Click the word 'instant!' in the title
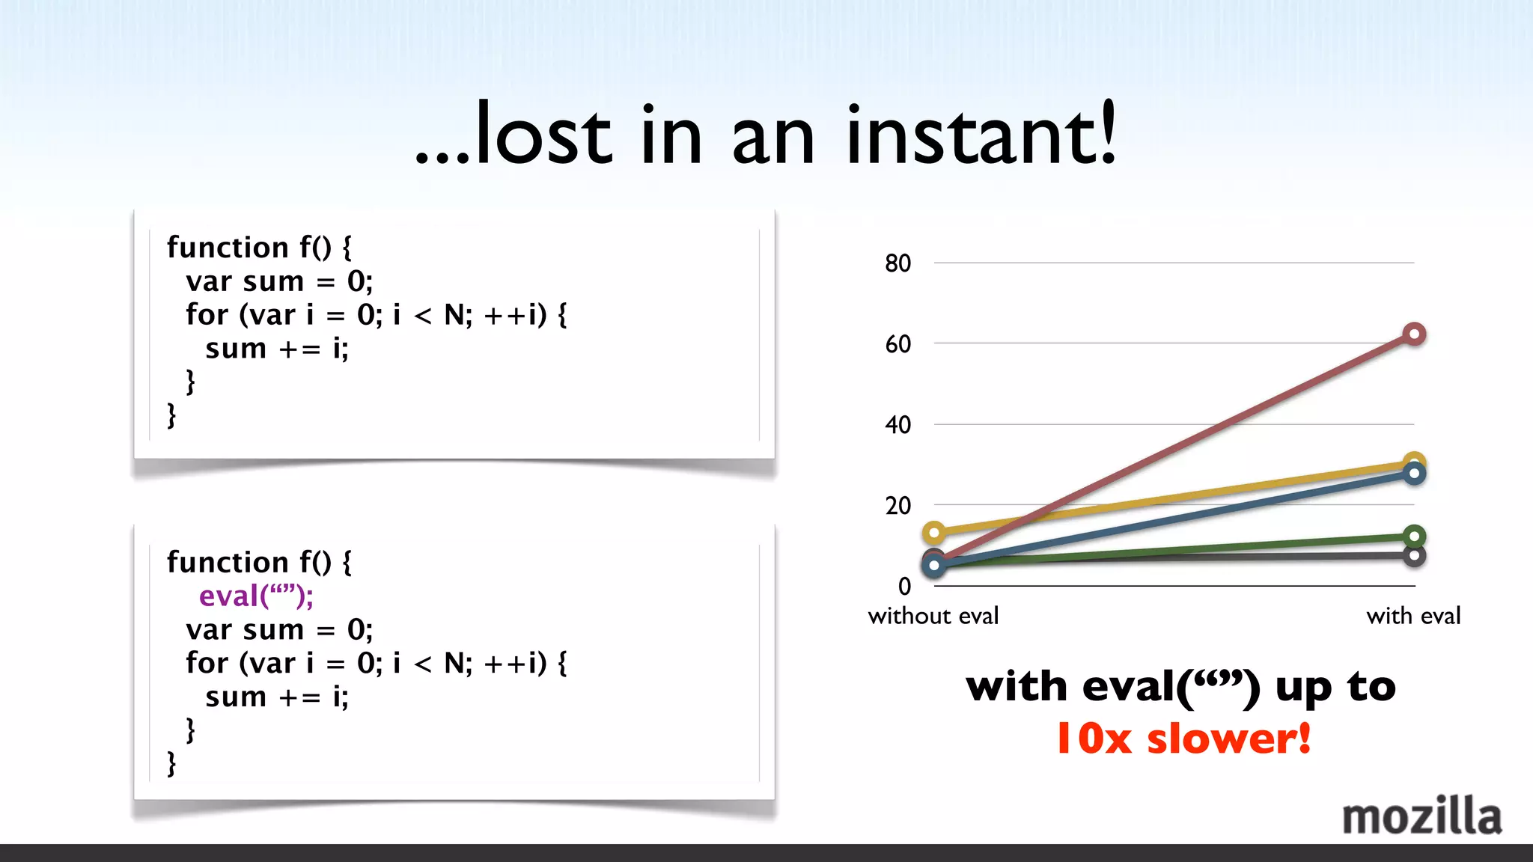pos(981,135)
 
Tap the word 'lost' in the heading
pos(544,135)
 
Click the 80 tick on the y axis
pos(897,263)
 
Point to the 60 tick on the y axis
pos(897,344)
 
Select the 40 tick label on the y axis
pos(897,425)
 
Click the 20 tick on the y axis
pos(897,506)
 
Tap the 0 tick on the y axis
pos(904,586)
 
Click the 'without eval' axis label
pos(933,616)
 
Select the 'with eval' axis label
pos(1413,616)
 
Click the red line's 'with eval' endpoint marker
pos(1414,334)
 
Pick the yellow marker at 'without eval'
pos(934,533)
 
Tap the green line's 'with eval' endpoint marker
pos(1414,536)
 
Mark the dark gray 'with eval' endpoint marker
pos(1414,556)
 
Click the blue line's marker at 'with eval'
pos(1414,474)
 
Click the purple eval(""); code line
pos(256,596)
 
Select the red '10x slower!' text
pos(1183,739)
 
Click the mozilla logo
pos(1421,816)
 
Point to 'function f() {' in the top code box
pos(259,248)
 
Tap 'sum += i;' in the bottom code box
pos(277,697)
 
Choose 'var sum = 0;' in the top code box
pos(279,281)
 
